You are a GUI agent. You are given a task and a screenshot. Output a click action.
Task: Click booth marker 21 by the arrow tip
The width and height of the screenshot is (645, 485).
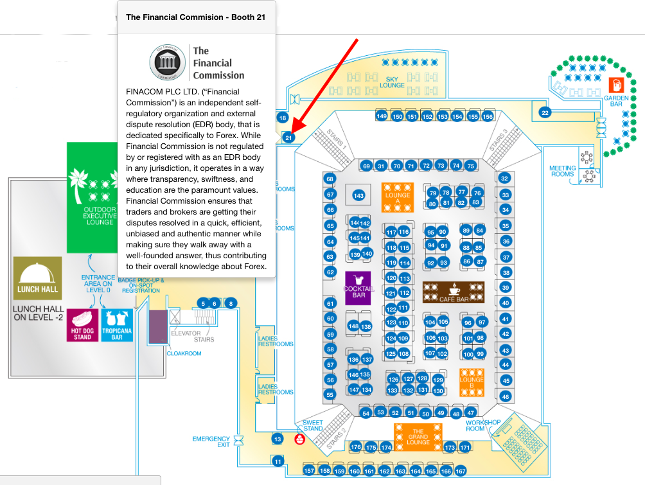point(288,137)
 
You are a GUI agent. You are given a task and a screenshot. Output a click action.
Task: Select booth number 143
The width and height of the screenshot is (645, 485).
point(359,195)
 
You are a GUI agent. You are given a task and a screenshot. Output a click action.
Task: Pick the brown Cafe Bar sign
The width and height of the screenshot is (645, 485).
point(454,292)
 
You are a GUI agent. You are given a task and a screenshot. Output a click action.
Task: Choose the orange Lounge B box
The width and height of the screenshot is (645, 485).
point(472,382)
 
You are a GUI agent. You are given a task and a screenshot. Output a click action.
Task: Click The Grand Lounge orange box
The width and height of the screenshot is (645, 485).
point(418,436)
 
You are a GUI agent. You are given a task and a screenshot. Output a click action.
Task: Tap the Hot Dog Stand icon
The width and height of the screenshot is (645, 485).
point(82,324)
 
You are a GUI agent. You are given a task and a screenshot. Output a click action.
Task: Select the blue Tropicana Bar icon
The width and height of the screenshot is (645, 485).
point(117,324)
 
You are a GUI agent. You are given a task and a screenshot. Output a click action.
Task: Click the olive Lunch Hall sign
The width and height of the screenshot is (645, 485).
point(39,278)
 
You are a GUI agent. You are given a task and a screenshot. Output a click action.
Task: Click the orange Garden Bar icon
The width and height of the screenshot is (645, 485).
point(615,84)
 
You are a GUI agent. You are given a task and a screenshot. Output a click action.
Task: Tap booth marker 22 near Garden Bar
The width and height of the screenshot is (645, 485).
point(545,112)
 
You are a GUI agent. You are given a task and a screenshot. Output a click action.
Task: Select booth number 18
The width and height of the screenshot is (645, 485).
point(282,118)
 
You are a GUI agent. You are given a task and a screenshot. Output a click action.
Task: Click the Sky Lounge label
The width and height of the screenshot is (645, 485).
point(392,82)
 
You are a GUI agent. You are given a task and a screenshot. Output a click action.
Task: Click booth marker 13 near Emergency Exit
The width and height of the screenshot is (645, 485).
point(278,439)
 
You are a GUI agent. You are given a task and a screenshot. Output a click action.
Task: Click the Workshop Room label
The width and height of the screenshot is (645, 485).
point(483,425)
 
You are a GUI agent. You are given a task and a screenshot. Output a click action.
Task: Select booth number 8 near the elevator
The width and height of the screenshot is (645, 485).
point(232,303)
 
